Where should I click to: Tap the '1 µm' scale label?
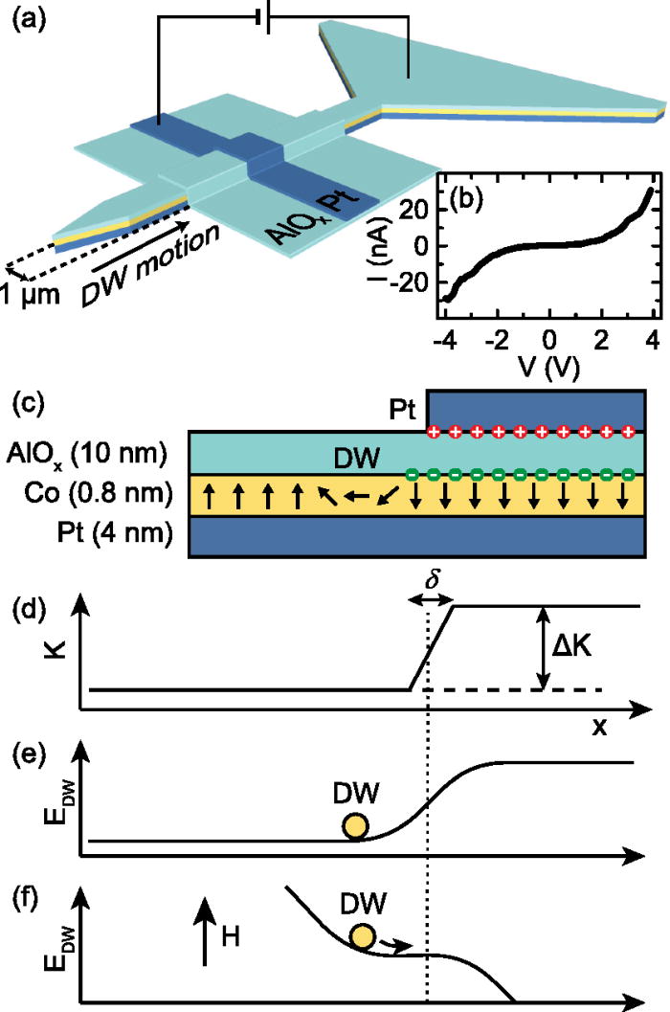pos(31,295)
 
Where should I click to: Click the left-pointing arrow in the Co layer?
pos(359,498)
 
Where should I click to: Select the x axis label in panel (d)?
pos(598,727)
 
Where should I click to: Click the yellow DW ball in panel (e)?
pos(355,826)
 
